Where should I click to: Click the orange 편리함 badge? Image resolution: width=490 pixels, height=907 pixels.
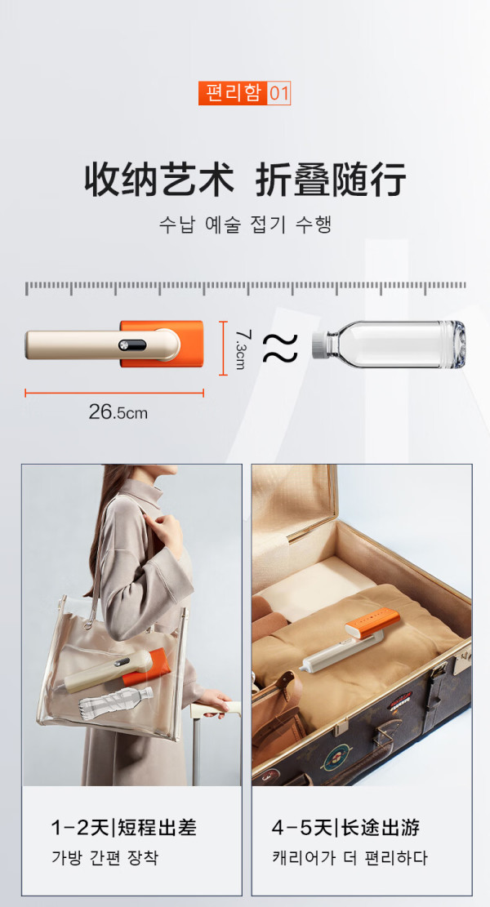233,93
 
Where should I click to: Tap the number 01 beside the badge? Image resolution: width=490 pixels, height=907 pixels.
278,93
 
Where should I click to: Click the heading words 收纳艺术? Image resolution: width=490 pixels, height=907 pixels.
160,180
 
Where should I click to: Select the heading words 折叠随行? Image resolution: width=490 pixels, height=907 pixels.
330,180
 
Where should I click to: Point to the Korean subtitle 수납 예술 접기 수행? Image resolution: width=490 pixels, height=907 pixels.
245,225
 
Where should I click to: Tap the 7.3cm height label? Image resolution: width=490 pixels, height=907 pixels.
242,349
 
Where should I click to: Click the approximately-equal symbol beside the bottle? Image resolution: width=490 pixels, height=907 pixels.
280,349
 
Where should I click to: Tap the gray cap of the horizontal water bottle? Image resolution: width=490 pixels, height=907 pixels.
318,345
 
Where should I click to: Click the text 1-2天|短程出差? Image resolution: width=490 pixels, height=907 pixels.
124,829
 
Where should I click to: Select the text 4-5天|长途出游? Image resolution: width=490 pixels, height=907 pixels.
346,829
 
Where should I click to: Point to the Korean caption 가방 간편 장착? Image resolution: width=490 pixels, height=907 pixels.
105,857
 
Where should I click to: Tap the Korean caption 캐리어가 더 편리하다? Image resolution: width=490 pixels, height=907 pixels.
350,857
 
